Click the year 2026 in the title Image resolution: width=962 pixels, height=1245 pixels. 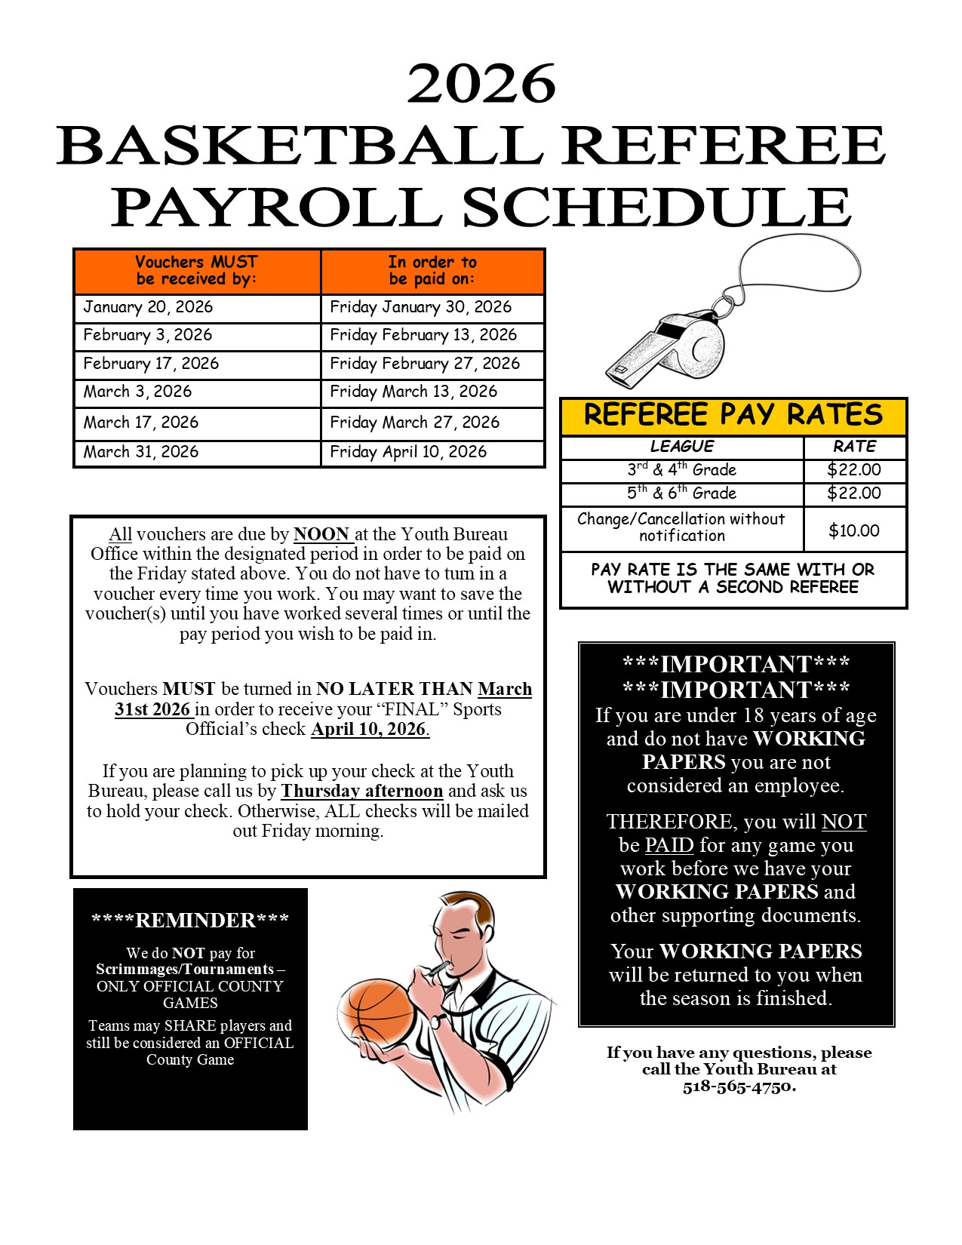click(481, 84)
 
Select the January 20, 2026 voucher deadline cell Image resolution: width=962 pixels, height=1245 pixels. click(148, 307)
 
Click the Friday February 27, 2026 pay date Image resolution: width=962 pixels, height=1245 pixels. click(425, 364)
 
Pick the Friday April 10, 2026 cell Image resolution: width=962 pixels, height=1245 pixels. click(408, 452)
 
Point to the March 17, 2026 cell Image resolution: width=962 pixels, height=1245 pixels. click(141, 423)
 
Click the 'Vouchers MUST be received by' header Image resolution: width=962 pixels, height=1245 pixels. click(196, 271)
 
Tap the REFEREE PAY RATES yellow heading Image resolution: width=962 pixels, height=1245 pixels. click(733, 416)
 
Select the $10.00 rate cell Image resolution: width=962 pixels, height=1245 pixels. click(853, 530)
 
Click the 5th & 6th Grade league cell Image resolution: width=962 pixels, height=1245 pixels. click(681, 493)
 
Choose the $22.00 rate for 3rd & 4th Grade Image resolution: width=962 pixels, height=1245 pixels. click(853, 470)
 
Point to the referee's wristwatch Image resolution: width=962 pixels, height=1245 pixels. click(436, 1021)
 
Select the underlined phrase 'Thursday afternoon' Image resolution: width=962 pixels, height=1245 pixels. click(361, 791)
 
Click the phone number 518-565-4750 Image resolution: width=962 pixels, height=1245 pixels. click(739, 1087)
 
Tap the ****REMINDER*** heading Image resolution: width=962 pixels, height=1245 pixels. click(190, 921)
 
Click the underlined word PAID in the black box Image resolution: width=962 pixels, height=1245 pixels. click(668, 845)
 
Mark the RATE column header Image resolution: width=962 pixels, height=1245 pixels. click(854, 447)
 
